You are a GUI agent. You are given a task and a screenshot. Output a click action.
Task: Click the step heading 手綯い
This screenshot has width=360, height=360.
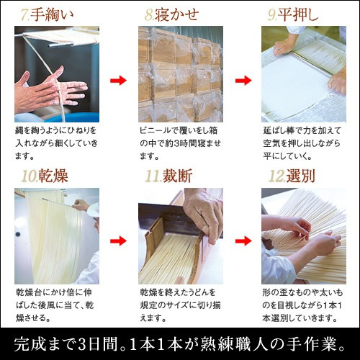52,15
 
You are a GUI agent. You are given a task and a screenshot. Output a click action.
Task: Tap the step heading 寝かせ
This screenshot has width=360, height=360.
176,15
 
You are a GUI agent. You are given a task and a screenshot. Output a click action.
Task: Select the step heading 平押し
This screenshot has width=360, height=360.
298,15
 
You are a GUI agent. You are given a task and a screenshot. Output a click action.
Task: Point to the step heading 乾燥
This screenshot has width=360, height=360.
53,176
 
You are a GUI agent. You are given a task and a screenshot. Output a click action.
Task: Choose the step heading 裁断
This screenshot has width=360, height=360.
177,176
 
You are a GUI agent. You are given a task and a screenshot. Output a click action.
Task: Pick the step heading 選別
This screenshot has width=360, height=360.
300,176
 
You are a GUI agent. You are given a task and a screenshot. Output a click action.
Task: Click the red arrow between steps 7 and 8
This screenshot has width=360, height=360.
118,80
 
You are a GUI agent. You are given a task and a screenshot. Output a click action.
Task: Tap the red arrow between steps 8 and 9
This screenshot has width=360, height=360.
243,80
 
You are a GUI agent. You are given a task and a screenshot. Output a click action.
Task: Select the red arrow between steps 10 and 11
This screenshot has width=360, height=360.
118,240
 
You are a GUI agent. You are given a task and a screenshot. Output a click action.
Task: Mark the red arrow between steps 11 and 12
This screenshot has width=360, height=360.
243,240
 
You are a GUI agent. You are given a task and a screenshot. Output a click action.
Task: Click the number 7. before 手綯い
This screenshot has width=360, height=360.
25,15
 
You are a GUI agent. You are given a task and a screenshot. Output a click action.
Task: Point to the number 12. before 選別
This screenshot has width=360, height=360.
276,176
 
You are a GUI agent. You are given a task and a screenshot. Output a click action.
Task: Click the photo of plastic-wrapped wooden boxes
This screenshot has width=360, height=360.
181,74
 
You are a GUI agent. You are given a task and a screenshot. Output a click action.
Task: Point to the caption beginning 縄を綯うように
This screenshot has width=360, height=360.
56,143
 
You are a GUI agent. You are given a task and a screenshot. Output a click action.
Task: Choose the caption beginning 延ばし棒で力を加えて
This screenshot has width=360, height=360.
302,143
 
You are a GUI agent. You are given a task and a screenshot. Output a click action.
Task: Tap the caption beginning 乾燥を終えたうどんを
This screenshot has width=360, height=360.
180,305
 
